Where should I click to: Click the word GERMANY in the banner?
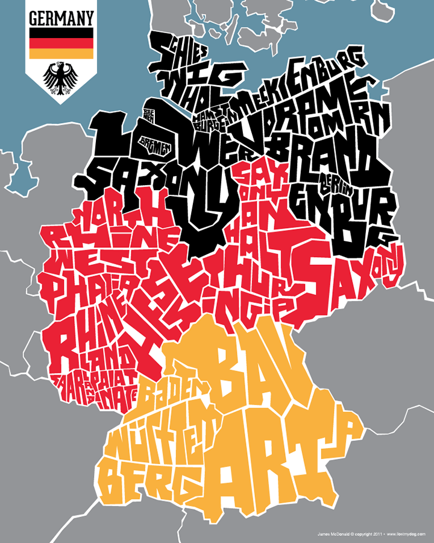[61, 17]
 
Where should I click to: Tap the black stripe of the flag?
[61, 33]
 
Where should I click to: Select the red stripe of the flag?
[61, 43]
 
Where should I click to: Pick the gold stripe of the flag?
[61, 54]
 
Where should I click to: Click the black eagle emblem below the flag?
[60, 78]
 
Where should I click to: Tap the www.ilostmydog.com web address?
[407, 533]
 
